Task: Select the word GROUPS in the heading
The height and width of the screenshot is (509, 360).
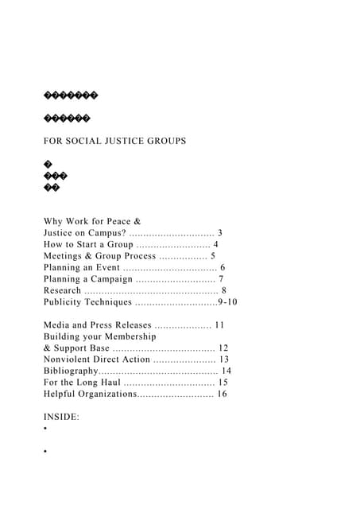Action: tap(170, 141)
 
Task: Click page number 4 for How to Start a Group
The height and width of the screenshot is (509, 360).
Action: tap(215, 244)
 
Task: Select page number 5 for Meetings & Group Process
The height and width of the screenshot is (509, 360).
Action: tap(212, 256)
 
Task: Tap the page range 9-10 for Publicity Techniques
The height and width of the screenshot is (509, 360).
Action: tap(227, 302)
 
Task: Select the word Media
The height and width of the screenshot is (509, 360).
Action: tap(57, 324)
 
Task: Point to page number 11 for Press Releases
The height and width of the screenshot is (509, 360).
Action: tap(220, 324)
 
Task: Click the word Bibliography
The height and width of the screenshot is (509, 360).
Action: tap(70, 371)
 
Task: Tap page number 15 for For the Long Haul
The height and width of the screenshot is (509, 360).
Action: tap(223, 383)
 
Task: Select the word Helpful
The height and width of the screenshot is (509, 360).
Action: tap(63, 394)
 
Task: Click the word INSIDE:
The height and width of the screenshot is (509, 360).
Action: tap(61, 417)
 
